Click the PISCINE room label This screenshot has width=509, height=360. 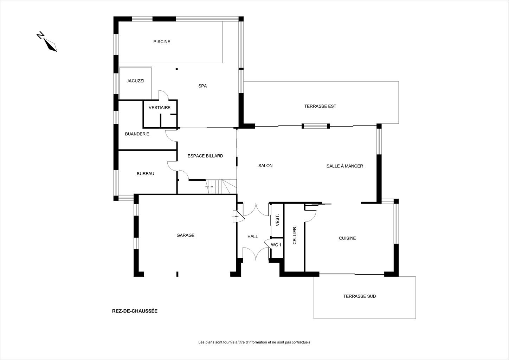pyautogui.click(x=162, y=41)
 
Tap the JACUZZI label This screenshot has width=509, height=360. pyautogui.click(x=135, y=81)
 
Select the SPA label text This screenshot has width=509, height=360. pyautogui.click(x=202, y=86)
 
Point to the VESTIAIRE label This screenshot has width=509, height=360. pyautogui.click(x=160, y=108)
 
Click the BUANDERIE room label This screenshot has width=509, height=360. pyautogui.click(x=137, y=134)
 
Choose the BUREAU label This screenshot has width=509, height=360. pyautogui.click(x=146, y=174)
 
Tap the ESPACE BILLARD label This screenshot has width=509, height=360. pyautogui.click(x=205, y=156)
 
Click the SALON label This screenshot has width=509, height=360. pyautogui.click(x=265, y=166)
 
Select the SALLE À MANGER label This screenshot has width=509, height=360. pyautogui.click(x=345, y=166)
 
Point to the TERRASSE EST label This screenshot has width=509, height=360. pyautogui.click(x=320, y=106)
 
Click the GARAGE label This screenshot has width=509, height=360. pyautogui.click(x=185, y=235)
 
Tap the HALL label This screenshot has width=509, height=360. pyautogui.click(x=253, y=237)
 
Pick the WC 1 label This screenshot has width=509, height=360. pyautogui.click(x=276, y=245)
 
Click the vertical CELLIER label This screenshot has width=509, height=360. pyautogui.click(x=295, y=236)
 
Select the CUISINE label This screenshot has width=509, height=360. pyautogui.click(x=347, y=238)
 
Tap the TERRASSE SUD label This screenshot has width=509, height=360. pyautogui.click(x=360, y=296)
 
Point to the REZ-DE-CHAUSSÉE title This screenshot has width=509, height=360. pyautogui.click(x=135, y=311)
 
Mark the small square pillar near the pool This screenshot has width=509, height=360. pyautogui.click(x=176, y=69)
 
